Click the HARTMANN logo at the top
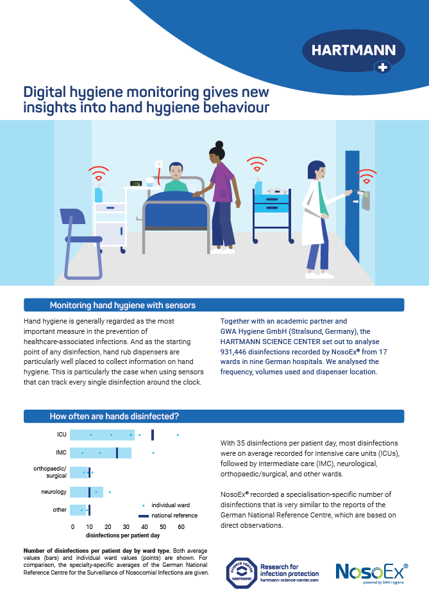[353, 51]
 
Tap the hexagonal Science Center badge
[240, 573]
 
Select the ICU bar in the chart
[102, 435]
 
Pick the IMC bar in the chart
[100, 453]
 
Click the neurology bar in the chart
[86, 492]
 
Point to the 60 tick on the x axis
[181, 526]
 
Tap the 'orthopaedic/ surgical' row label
[50, 473]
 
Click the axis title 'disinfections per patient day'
[122, 535]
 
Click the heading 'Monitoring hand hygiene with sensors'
[122, 305]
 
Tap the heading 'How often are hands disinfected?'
[114, 417]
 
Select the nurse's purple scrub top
[222, 183]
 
